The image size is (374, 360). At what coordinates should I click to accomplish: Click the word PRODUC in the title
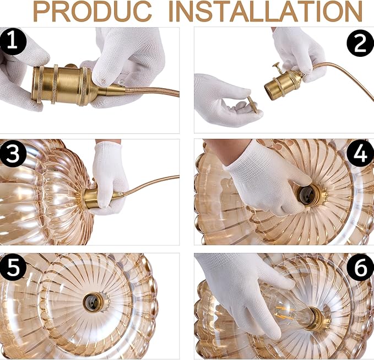[x=93, y=12]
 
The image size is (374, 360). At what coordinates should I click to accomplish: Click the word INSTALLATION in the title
[x=265, y=12]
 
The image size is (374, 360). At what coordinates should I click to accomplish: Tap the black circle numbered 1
[x=13, y=41]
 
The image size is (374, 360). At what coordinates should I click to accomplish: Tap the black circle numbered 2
[x=360, y=43]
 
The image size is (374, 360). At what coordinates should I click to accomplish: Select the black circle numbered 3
[x=13, y=154]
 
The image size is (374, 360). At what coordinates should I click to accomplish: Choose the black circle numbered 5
[x=13, y=267]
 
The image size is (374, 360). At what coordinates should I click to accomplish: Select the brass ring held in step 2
[x=252, y=105]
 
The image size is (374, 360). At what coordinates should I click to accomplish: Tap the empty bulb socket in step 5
[x=91, y=302]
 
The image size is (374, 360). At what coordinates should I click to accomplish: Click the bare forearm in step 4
[x=226, y=150]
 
